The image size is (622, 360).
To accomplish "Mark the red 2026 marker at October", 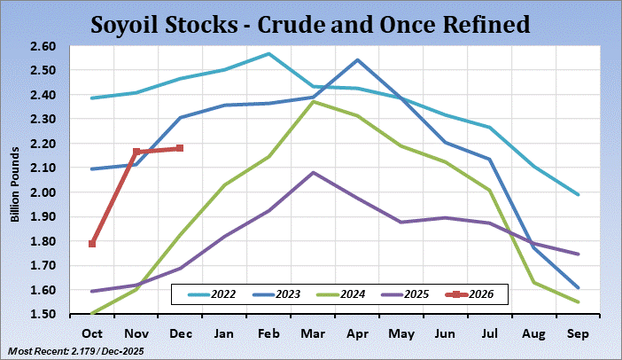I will (92, 244).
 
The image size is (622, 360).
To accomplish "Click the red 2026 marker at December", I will (180, 148).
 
